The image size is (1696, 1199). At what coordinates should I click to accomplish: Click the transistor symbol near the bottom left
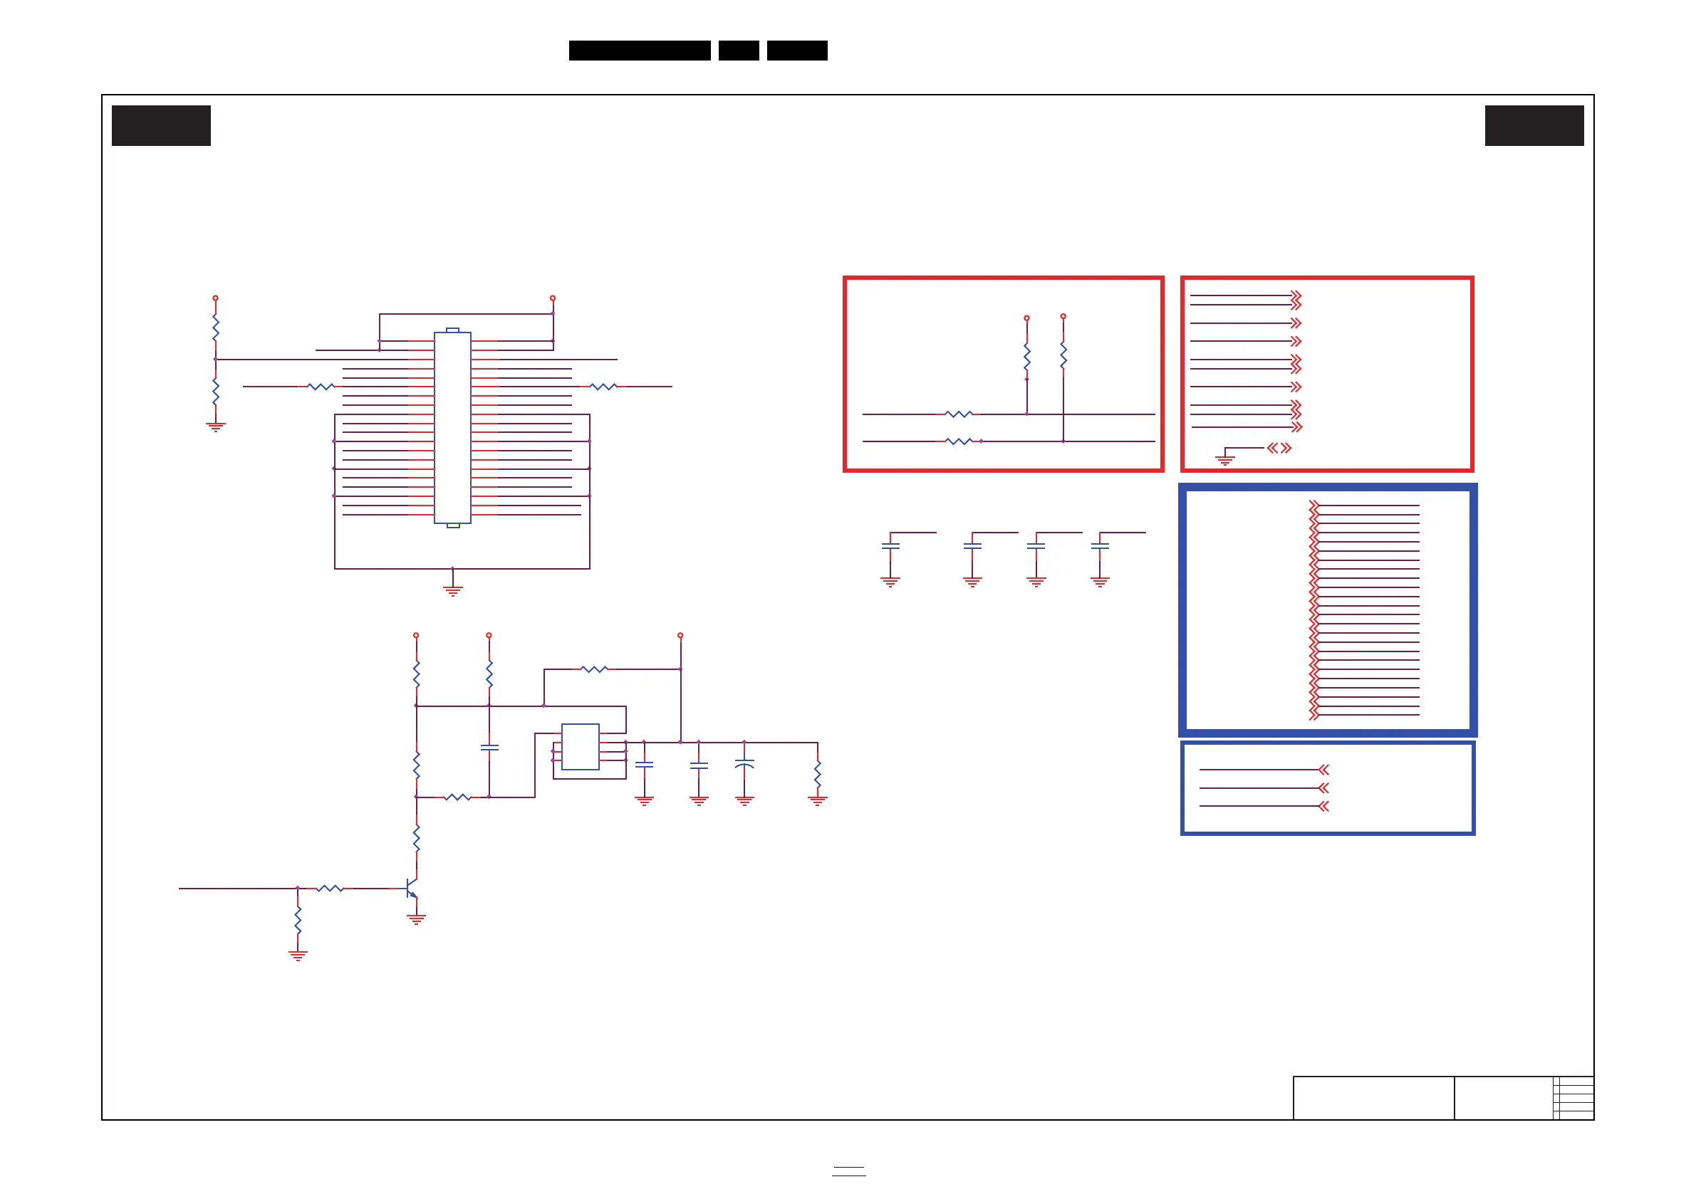coord(412,888)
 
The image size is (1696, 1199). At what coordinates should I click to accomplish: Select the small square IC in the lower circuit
coord(580,746)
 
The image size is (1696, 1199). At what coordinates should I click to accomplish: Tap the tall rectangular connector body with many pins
coord(452,427)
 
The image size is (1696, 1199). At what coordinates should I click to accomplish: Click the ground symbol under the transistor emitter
coord(417,919)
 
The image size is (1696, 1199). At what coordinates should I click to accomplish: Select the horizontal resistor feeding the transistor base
coord(330,888)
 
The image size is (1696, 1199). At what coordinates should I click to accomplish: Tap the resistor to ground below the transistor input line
coord(298,920)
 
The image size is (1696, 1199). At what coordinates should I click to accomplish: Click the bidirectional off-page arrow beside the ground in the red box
coord(1279,448)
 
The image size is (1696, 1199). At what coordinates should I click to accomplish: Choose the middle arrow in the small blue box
coord(1323,787)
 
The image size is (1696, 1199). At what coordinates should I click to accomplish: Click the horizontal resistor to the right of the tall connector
coord(603,386)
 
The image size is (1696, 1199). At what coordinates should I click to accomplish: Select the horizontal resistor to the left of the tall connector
coord(321,386)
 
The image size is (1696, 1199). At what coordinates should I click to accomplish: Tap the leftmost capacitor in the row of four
coord(890,546)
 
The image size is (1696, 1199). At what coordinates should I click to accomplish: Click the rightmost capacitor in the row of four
coord(1100,546)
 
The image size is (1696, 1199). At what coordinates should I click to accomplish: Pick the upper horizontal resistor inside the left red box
coord(959,414)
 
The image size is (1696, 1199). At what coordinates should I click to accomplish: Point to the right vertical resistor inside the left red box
coord(1063,355)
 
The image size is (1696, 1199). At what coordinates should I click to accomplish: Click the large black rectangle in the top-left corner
coord(161,125)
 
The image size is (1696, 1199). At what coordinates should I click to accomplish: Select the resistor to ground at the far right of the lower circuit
coord(818,774)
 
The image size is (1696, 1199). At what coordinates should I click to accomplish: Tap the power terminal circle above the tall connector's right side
coord(553,298)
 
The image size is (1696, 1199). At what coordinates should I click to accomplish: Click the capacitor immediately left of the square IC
coord(489,747)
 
